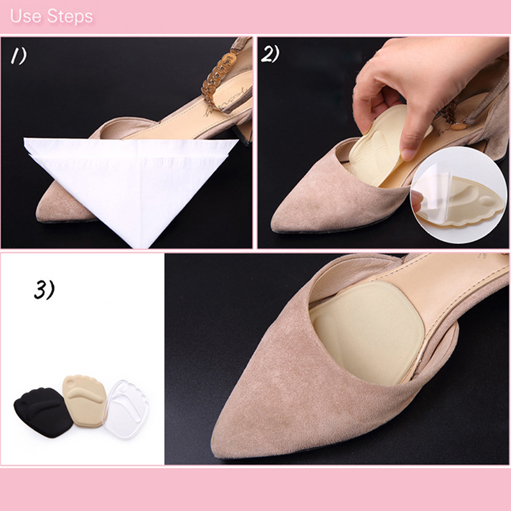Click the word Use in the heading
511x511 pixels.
(x=26, y=17)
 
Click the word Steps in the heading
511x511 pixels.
(x=70, y=17)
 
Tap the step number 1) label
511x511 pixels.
(x=19, y=56)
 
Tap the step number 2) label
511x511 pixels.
(x=270, y=54)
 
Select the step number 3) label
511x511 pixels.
(x=44, y=290)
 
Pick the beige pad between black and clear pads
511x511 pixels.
(x=85, y=401)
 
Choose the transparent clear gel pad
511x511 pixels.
(x=126, y=409)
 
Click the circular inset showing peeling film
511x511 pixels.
(x=459, y=195)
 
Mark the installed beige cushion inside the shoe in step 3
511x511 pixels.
(x=367, y=332)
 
